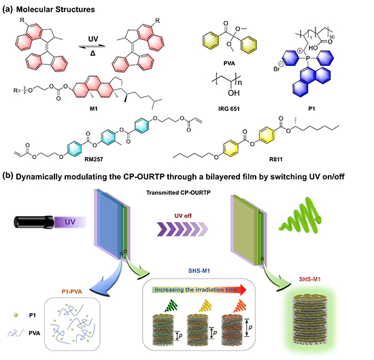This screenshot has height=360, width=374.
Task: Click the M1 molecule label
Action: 94,109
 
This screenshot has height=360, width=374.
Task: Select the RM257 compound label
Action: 94,159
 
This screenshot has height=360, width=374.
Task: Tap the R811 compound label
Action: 275,159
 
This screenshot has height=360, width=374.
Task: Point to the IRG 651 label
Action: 228,109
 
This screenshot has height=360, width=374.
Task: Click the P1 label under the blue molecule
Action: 311,109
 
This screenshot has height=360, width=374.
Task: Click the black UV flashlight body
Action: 34,221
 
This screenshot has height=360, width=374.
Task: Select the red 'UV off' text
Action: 183,216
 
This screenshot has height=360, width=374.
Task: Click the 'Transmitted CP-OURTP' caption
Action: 178,192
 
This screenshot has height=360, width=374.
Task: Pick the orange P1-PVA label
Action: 71,291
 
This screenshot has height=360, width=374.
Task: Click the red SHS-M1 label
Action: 309,279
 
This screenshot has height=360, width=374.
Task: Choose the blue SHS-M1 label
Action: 199,270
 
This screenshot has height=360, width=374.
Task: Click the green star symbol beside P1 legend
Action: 16,315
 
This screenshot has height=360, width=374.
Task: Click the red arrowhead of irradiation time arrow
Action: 242,289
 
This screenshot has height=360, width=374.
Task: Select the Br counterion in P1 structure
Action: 277,69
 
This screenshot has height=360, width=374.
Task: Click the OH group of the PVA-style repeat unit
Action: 233,93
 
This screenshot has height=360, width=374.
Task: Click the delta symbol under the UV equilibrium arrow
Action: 92,54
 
